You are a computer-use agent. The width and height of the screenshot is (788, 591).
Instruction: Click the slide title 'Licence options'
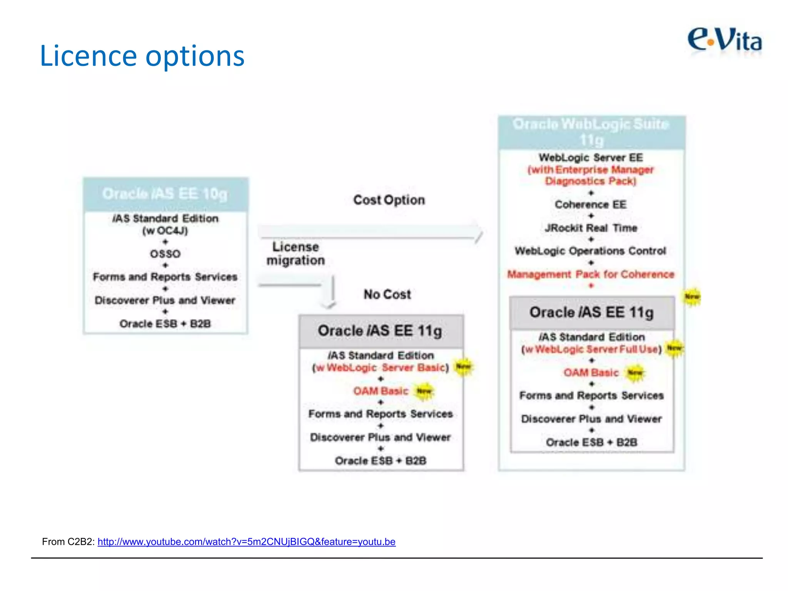pos(142,56)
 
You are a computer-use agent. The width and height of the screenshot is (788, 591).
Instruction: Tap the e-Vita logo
pos(725,40)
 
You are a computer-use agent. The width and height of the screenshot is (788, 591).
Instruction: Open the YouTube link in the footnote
pos(246,542)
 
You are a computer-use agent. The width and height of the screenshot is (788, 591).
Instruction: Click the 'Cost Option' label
pos(389,200)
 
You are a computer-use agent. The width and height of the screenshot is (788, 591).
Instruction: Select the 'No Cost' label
pos(387,294)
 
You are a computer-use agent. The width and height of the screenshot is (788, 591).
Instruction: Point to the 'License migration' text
pos(295,254)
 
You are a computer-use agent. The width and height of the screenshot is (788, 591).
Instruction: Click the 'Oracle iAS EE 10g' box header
pos(165,194)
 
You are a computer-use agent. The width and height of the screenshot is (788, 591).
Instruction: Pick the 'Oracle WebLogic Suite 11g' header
pos(591,132)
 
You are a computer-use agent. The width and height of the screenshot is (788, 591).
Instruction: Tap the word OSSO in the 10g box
pos(165,254)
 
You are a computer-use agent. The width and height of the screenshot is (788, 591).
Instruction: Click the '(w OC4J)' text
pos(165,231)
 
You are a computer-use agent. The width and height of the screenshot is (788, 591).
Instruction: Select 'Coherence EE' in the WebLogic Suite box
pos(591,205)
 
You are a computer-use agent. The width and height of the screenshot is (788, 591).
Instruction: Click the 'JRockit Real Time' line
pos(591,228)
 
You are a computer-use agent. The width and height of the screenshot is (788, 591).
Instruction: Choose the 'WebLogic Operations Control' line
pos(591,251)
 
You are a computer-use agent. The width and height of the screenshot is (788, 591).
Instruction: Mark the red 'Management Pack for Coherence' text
pos(591,274)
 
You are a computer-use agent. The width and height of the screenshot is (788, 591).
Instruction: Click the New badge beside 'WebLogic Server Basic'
pos(463,367)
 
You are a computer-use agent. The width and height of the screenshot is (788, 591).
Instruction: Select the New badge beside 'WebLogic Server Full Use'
pos(674,348)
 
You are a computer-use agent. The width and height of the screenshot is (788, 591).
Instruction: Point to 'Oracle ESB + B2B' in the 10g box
pos(165,324)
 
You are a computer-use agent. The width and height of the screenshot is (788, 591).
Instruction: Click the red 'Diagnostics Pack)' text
pos(591,181)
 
